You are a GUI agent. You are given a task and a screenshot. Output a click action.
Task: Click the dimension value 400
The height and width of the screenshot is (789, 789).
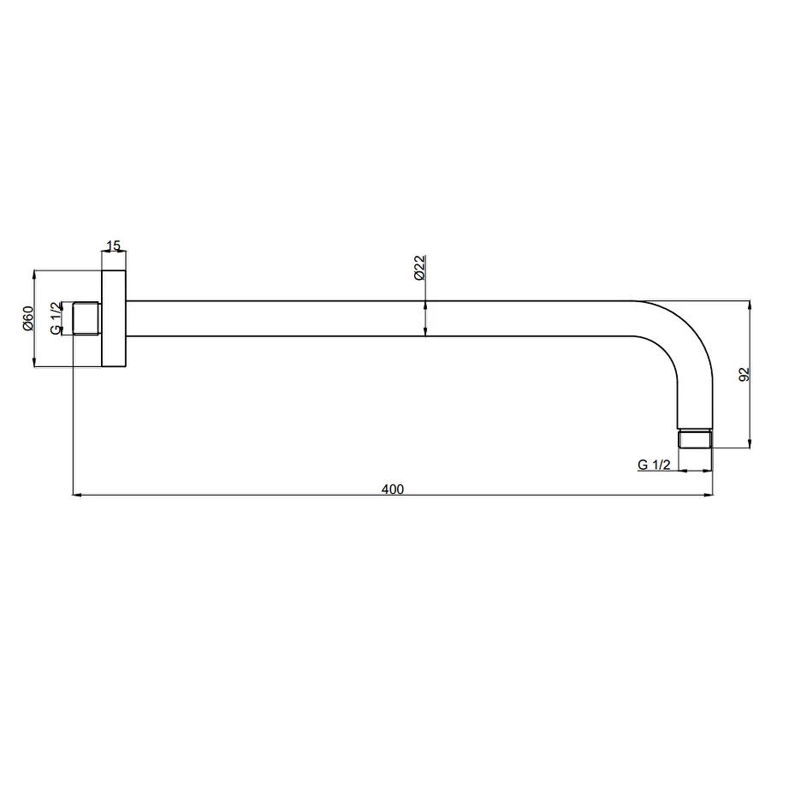click(x=392, y=489)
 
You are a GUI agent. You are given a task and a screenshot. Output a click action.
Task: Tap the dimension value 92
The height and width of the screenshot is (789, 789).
click(x=744, y=374)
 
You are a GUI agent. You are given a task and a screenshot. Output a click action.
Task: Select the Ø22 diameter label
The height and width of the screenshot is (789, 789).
click(x=419, y=269)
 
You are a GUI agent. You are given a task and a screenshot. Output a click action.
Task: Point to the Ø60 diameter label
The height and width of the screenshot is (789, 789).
click(x=28, y=318)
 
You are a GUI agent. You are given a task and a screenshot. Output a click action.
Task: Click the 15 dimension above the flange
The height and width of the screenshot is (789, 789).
click(x=113, y=246)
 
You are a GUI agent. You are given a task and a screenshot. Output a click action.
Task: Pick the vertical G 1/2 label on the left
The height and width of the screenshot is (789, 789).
click(x=56, y=318)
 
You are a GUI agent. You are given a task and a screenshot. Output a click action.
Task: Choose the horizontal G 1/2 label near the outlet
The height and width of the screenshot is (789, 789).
click(x=654, y=465)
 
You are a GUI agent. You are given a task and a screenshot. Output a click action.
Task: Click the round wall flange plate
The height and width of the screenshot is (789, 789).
click(x=114, y=319)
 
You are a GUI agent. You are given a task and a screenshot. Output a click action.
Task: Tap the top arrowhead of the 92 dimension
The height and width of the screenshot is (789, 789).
click(x=750, y=306)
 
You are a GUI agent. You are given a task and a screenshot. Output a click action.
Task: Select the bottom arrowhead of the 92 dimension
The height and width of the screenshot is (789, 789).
click(x=750, y=442)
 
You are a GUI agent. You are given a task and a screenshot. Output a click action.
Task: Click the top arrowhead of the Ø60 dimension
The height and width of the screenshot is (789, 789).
click(x=34, y=276)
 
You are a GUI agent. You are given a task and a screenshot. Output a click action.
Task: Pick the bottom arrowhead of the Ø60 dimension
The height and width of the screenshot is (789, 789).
click(x=34, y=364)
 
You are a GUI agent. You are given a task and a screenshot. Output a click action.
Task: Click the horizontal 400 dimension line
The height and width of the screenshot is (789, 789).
click(x=257, y=495)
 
